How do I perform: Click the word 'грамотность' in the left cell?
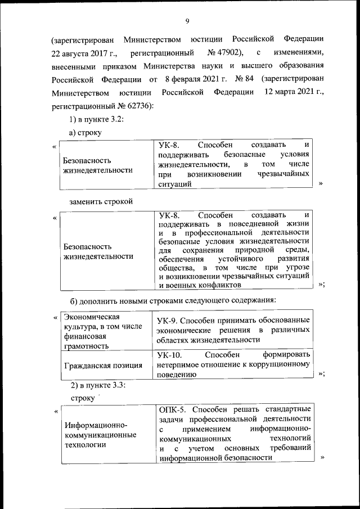coord(84,346)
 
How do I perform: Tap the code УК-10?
coord(171,354)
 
